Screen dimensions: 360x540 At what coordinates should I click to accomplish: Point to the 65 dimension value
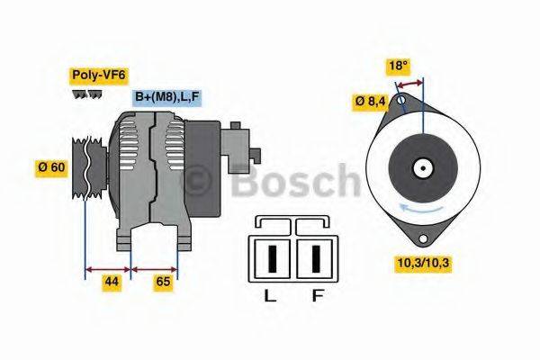(x=164, y=282)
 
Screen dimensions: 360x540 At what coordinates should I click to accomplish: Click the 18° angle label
(x=398, y=65)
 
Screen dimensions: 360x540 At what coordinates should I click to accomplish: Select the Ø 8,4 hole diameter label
(x=369, y=103)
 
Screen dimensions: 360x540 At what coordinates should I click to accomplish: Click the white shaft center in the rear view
(x=421, y=167)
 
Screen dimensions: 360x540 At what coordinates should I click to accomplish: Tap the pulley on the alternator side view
(x=83, y=166)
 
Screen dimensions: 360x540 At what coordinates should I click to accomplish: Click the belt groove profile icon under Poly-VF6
(x=86, y=94)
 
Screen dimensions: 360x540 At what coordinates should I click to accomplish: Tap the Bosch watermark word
(x=297, y=182)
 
